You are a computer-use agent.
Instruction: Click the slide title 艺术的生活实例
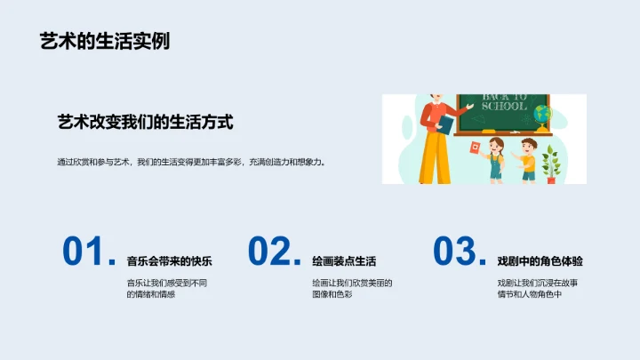[x=105, y=41]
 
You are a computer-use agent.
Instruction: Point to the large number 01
[x=86, y=252]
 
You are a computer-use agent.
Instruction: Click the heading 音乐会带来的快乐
[x=170, y=261]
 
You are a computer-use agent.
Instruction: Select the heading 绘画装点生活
[x=344, y=261]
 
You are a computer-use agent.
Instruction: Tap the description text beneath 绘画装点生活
[x=352, y=288]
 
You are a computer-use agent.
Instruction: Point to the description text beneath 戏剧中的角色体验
[x=538, y=288]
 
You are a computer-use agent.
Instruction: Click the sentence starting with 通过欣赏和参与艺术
[x=191, y=163]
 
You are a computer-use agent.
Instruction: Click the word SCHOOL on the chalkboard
[x=504, y=106]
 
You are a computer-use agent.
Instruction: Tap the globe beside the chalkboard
[x=543, y=116]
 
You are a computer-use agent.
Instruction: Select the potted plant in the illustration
[x=551, y=164]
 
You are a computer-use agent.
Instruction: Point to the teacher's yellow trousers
[x=436, y=160]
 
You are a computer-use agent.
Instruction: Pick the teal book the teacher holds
[x=444, y=124]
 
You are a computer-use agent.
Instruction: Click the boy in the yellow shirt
[x=528, y=158]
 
